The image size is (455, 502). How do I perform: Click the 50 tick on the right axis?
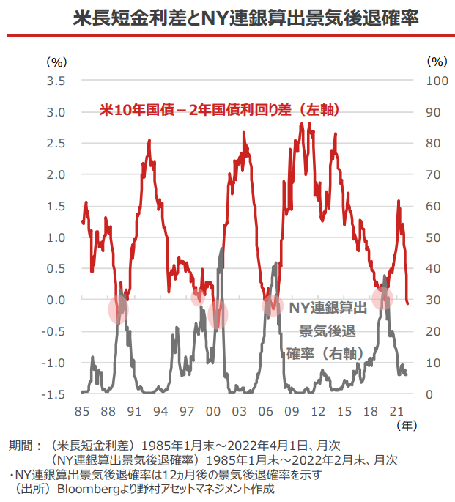pos(433,237)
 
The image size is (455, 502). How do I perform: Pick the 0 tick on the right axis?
pos(429,395)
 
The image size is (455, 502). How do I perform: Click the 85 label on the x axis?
pos(82,410)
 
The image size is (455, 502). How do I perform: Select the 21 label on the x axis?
pos(397,410)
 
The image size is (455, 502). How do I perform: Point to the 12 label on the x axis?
pos(318,410)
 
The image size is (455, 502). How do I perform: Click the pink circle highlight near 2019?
pos(382,299)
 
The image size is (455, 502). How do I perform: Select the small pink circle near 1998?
pos(198,298)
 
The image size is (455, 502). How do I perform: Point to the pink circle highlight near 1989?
pos(119,309)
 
